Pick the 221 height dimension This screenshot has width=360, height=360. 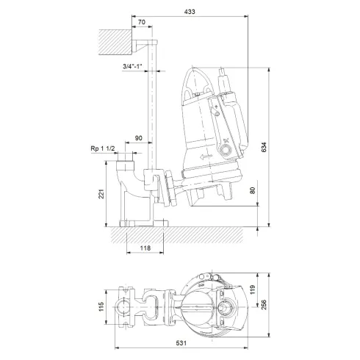point(101,193)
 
